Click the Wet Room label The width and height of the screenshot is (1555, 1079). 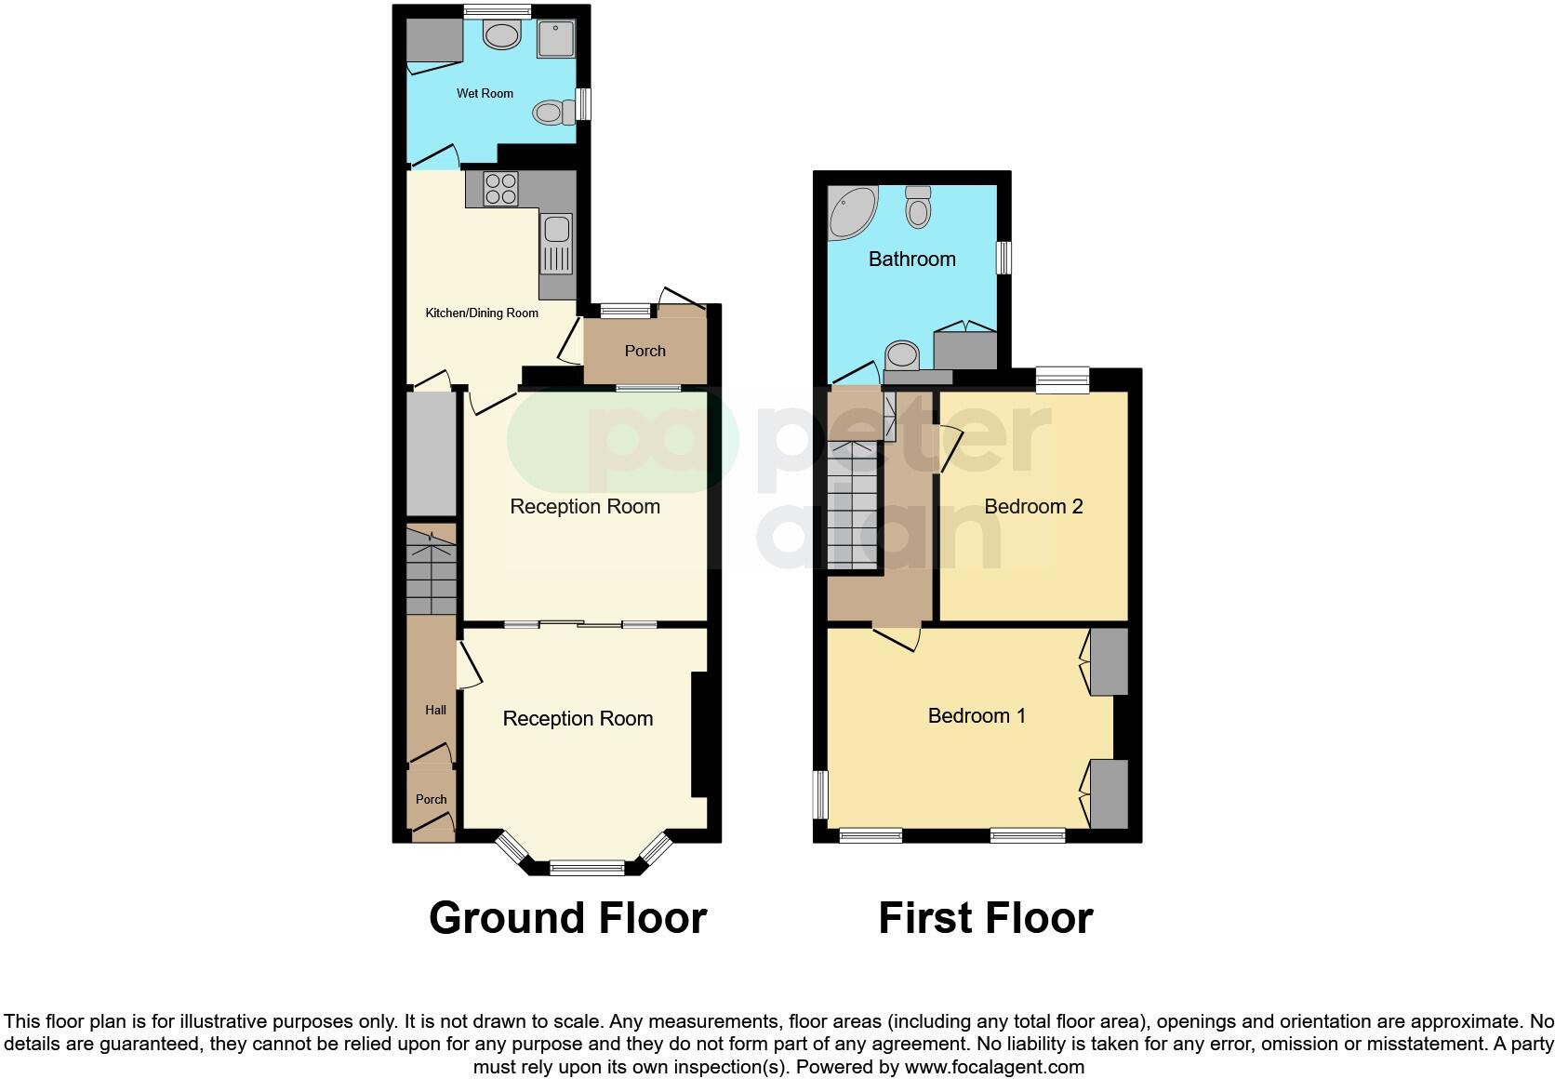tap(485, 94)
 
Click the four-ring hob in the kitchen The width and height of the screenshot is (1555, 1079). tap(500, 190)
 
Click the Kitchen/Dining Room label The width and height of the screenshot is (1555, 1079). tap(482, 313)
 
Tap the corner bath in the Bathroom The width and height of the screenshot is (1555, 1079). tap(850, 212)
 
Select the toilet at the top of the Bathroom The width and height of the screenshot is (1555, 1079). tap(918, 206)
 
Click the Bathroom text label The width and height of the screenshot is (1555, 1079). tap(911, 260)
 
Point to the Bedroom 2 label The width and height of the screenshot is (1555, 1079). tap(1033, 507)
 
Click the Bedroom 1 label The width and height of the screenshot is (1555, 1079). tap(977, 716)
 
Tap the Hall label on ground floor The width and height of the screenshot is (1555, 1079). tap(435, 711)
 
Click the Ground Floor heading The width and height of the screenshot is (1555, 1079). tap(567, 918)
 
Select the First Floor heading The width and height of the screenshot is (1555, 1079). tap(985, 918)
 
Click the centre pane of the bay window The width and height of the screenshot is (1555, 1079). tap(587, 868)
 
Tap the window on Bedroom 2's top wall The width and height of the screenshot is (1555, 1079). tap(1062, 380)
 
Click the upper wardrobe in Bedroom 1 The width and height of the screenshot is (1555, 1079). tap(1109, 662)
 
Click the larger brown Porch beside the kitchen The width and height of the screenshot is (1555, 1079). tap(645, 351)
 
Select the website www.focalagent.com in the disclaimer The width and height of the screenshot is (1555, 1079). tap(994, 1067)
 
